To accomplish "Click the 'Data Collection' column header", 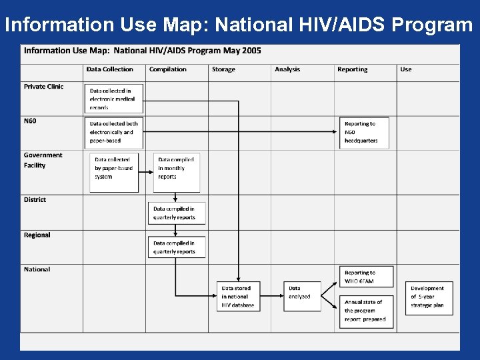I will (109, 69).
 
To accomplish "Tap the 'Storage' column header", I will (223, 69).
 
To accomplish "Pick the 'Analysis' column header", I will (287, 69).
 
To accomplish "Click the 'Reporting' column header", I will (352, 69).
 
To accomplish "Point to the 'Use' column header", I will (406, 69).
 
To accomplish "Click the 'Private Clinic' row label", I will (43, 87).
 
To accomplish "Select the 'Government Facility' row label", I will (43, 160).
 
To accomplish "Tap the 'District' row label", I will (35, 200).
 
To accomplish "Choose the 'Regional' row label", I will (37, 235).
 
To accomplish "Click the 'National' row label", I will (37, 269).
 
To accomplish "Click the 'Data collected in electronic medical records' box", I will (114, 99).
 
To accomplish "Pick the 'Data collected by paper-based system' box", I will (114, 172).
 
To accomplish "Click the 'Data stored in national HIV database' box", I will (238, 297).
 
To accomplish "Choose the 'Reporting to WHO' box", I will (366, 277).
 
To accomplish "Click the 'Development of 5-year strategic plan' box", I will (429, 297).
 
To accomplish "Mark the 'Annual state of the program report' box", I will (366, 311).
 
